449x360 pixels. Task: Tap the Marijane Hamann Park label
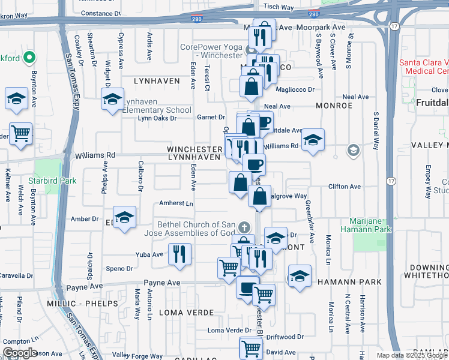point(366,224)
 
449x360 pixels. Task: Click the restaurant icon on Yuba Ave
point(179,254)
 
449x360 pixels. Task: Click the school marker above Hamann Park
point(300,275)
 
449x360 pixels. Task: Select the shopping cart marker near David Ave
point(251,347)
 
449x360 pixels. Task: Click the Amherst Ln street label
point(176,203)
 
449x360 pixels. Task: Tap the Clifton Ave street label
point(345,187)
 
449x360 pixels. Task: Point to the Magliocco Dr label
point(294,89)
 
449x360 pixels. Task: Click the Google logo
point(20,353)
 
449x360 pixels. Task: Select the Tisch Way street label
point(279,7)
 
